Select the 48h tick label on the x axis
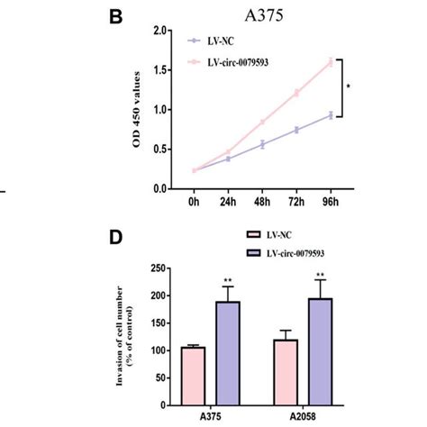262,204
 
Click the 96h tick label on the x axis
331,204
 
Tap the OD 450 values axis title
137,111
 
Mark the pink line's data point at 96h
331,62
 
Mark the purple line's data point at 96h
331,115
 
